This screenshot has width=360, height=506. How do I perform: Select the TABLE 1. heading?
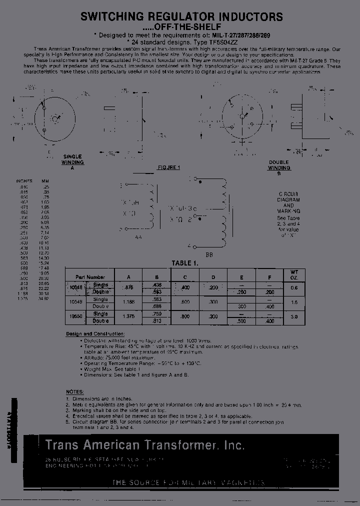click(185, 263)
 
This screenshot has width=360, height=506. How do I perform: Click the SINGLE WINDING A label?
click(72, 162)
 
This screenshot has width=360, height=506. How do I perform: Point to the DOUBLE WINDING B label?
click(279, 165)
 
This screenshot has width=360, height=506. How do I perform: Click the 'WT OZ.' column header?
click(294, 274)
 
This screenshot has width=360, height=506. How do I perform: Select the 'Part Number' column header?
click(90, 277)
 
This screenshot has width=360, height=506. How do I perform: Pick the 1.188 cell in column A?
click(128, 302)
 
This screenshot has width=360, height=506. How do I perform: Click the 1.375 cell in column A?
click(128, 317)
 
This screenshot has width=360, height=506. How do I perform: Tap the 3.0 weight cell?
click(294, 317)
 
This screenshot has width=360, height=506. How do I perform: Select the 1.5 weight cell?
click(294, 302)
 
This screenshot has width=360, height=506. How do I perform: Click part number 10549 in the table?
click(75, 302)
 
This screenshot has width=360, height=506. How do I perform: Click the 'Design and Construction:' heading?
click(95, 334)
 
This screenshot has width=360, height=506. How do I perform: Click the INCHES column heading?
click(24, 181)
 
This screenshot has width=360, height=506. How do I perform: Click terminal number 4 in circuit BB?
click(189, 246)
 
